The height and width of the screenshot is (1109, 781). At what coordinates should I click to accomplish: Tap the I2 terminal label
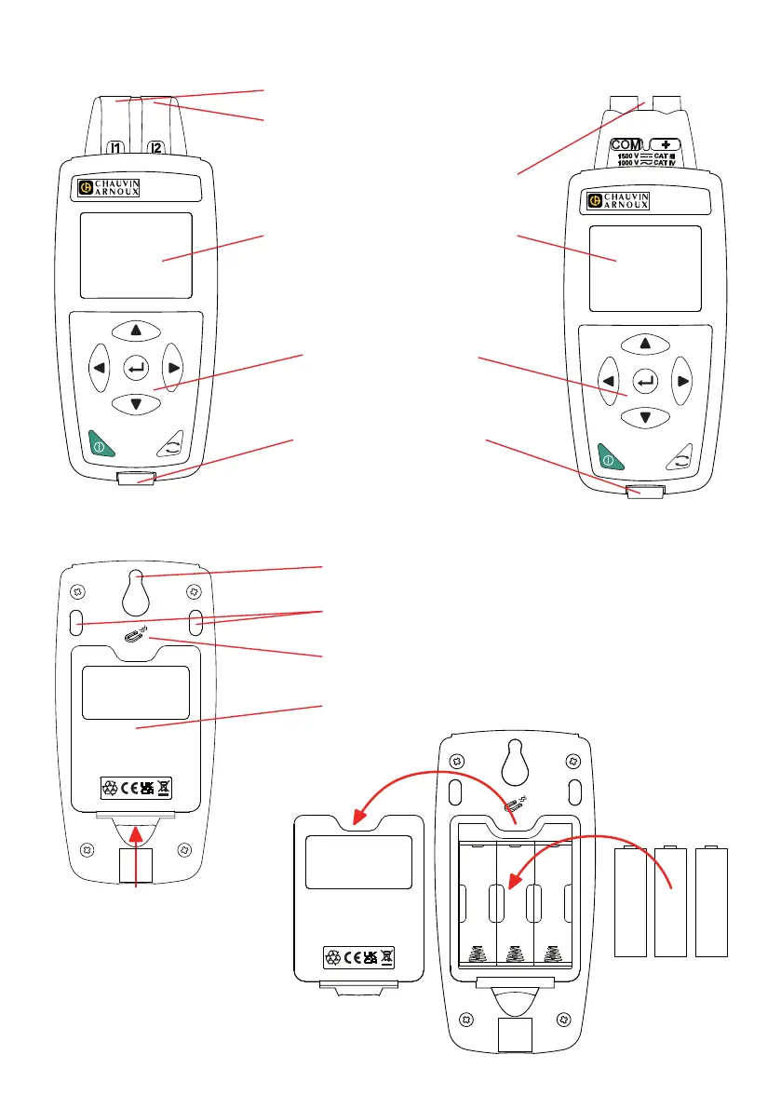pyautogui.click(x=156, y=147)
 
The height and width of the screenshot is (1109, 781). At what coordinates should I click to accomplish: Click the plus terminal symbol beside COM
pyautogui.click(x=664, y=145)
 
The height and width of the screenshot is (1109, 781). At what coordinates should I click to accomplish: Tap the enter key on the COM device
pyautogui.click(x=644, y=381)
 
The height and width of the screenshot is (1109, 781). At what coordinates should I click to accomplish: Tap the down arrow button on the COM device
pyautogui.click(x=644, y=417)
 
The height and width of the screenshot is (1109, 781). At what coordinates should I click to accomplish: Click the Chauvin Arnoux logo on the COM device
pyautogui.click(x=620, y=201)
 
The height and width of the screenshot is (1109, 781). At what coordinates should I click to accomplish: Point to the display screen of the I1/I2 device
pyautogui.click(x=136, y=255)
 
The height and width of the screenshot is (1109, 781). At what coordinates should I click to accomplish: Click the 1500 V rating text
pyautogui.click(x=626, y=156)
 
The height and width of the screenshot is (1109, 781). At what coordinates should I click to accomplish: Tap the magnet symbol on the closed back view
pyautogui.click(x=136, y=636)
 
